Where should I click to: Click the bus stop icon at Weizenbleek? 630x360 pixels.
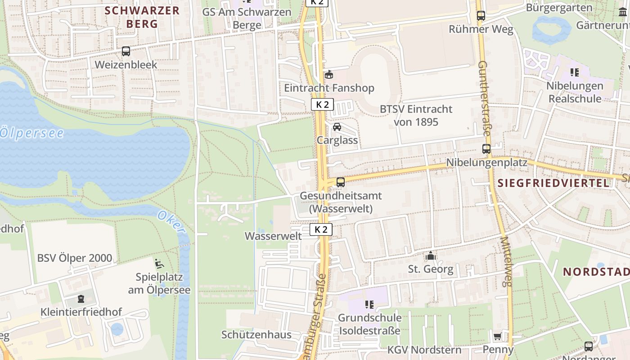coord(126,51)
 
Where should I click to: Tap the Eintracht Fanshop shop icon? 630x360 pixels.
coord(329,74)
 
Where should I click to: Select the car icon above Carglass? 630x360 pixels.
coord(337,127)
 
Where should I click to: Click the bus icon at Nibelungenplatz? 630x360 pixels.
coord(486,149)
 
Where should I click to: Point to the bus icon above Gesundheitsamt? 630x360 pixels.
coord(341,182)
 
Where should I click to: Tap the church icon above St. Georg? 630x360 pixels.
coord(431,256)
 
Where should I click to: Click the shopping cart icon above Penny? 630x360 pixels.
coord(497,337)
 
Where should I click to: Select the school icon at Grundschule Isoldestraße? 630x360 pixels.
coord(369,305)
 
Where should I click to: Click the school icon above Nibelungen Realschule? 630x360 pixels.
coord(574,72)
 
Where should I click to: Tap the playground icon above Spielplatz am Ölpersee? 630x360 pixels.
coord(159,263)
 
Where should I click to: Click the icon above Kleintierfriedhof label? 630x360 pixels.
coord(81,298)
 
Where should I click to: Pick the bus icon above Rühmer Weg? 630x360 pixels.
coord(481,16)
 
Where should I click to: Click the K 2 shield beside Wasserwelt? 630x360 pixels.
coord(321,230)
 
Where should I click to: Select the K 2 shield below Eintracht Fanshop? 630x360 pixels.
coord(322,105)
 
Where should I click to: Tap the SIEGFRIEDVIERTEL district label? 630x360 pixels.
coord(554,183)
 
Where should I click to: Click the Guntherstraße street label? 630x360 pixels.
coord(485,99)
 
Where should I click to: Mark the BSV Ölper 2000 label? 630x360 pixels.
coord(75,258)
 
